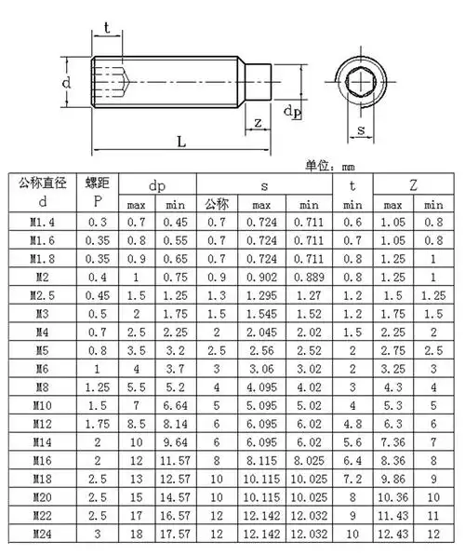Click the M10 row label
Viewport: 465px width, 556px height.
[x=41, y=405]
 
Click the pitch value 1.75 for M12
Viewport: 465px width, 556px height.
[x=97, y=423]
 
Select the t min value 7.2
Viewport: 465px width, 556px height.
[x=352, y=478]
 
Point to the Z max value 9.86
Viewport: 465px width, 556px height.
[x=392, y=478]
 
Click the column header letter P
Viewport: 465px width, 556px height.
[x=97, y=202]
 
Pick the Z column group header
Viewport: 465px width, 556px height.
[x=412, y=184]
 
